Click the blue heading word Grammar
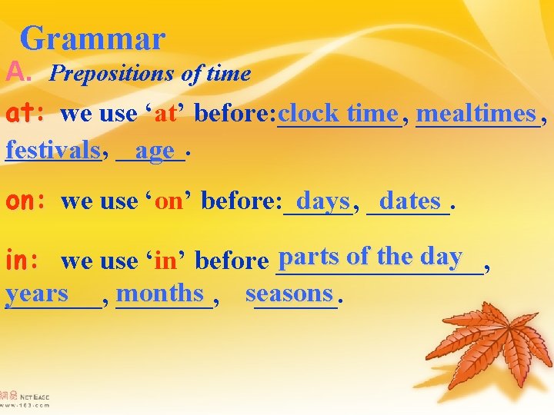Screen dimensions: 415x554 [x=92, y=38]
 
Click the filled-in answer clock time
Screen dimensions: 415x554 [x=339, y=113]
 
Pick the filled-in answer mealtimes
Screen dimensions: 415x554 [x=476, y=113]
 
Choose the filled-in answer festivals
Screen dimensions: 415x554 [x=52, y=148]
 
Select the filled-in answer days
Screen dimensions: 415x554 [x=322, y=201]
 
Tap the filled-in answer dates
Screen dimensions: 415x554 [x=409, y=201]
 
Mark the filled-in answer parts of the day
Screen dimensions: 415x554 [x=371, y=256]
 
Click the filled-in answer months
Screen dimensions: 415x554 [x=162, y=292]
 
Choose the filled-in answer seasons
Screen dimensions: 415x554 [x=289, y=293]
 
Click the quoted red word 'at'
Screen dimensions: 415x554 [x=166, y=115]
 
